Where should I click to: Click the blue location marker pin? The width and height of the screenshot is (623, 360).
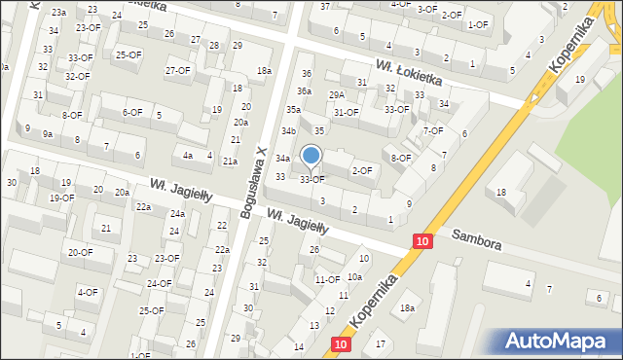point(311,157)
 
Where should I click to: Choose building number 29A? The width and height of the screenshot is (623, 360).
point(337,94)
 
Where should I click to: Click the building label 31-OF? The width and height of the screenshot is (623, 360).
point(346,112)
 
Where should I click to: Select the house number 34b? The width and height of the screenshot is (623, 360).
point(288,130)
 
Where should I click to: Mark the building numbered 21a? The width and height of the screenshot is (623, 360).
point(230,162)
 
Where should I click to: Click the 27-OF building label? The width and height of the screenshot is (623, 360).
point(177,70)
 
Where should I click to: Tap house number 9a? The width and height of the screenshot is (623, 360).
point(47,133)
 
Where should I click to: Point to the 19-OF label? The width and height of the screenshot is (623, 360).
point(61,198)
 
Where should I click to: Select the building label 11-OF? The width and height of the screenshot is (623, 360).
point(326,280)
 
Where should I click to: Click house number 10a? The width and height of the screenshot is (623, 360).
point(354,277)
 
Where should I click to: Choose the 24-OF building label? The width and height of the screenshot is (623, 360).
point(158,283)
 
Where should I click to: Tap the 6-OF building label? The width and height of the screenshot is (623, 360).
point(132,112)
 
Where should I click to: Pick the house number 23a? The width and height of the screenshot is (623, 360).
point(59,12)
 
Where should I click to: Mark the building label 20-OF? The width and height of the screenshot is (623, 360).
point(80,252)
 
